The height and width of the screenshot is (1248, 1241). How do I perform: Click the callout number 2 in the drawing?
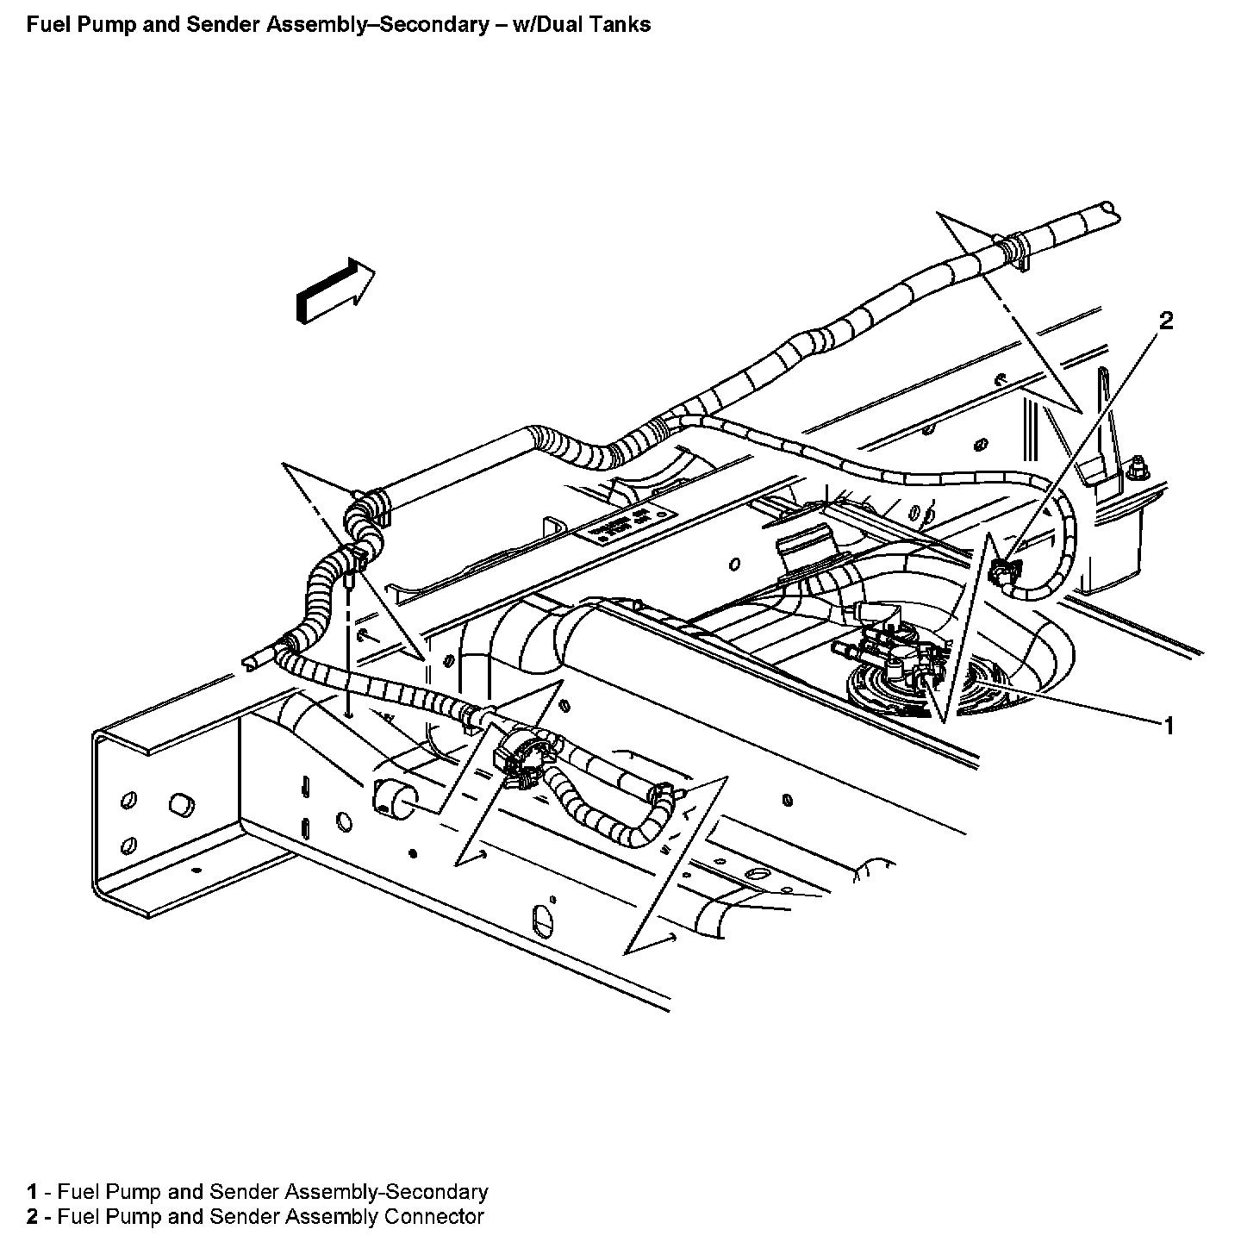coord(1165,321)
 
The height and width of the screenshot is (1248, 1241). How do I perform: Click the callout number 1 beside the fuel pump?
coord(1169,726)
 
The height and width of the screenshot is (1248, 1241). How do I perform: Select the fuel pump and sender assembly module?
coord(896,672)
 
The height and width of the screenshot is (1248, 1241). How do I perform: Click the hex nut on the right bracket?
coord(1136,468)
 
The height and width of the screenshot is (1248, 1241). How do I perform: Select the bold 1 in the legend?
coord(32,1192)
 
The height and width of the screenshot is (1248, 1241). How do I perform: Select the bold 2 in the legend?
coord(32,1217)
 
